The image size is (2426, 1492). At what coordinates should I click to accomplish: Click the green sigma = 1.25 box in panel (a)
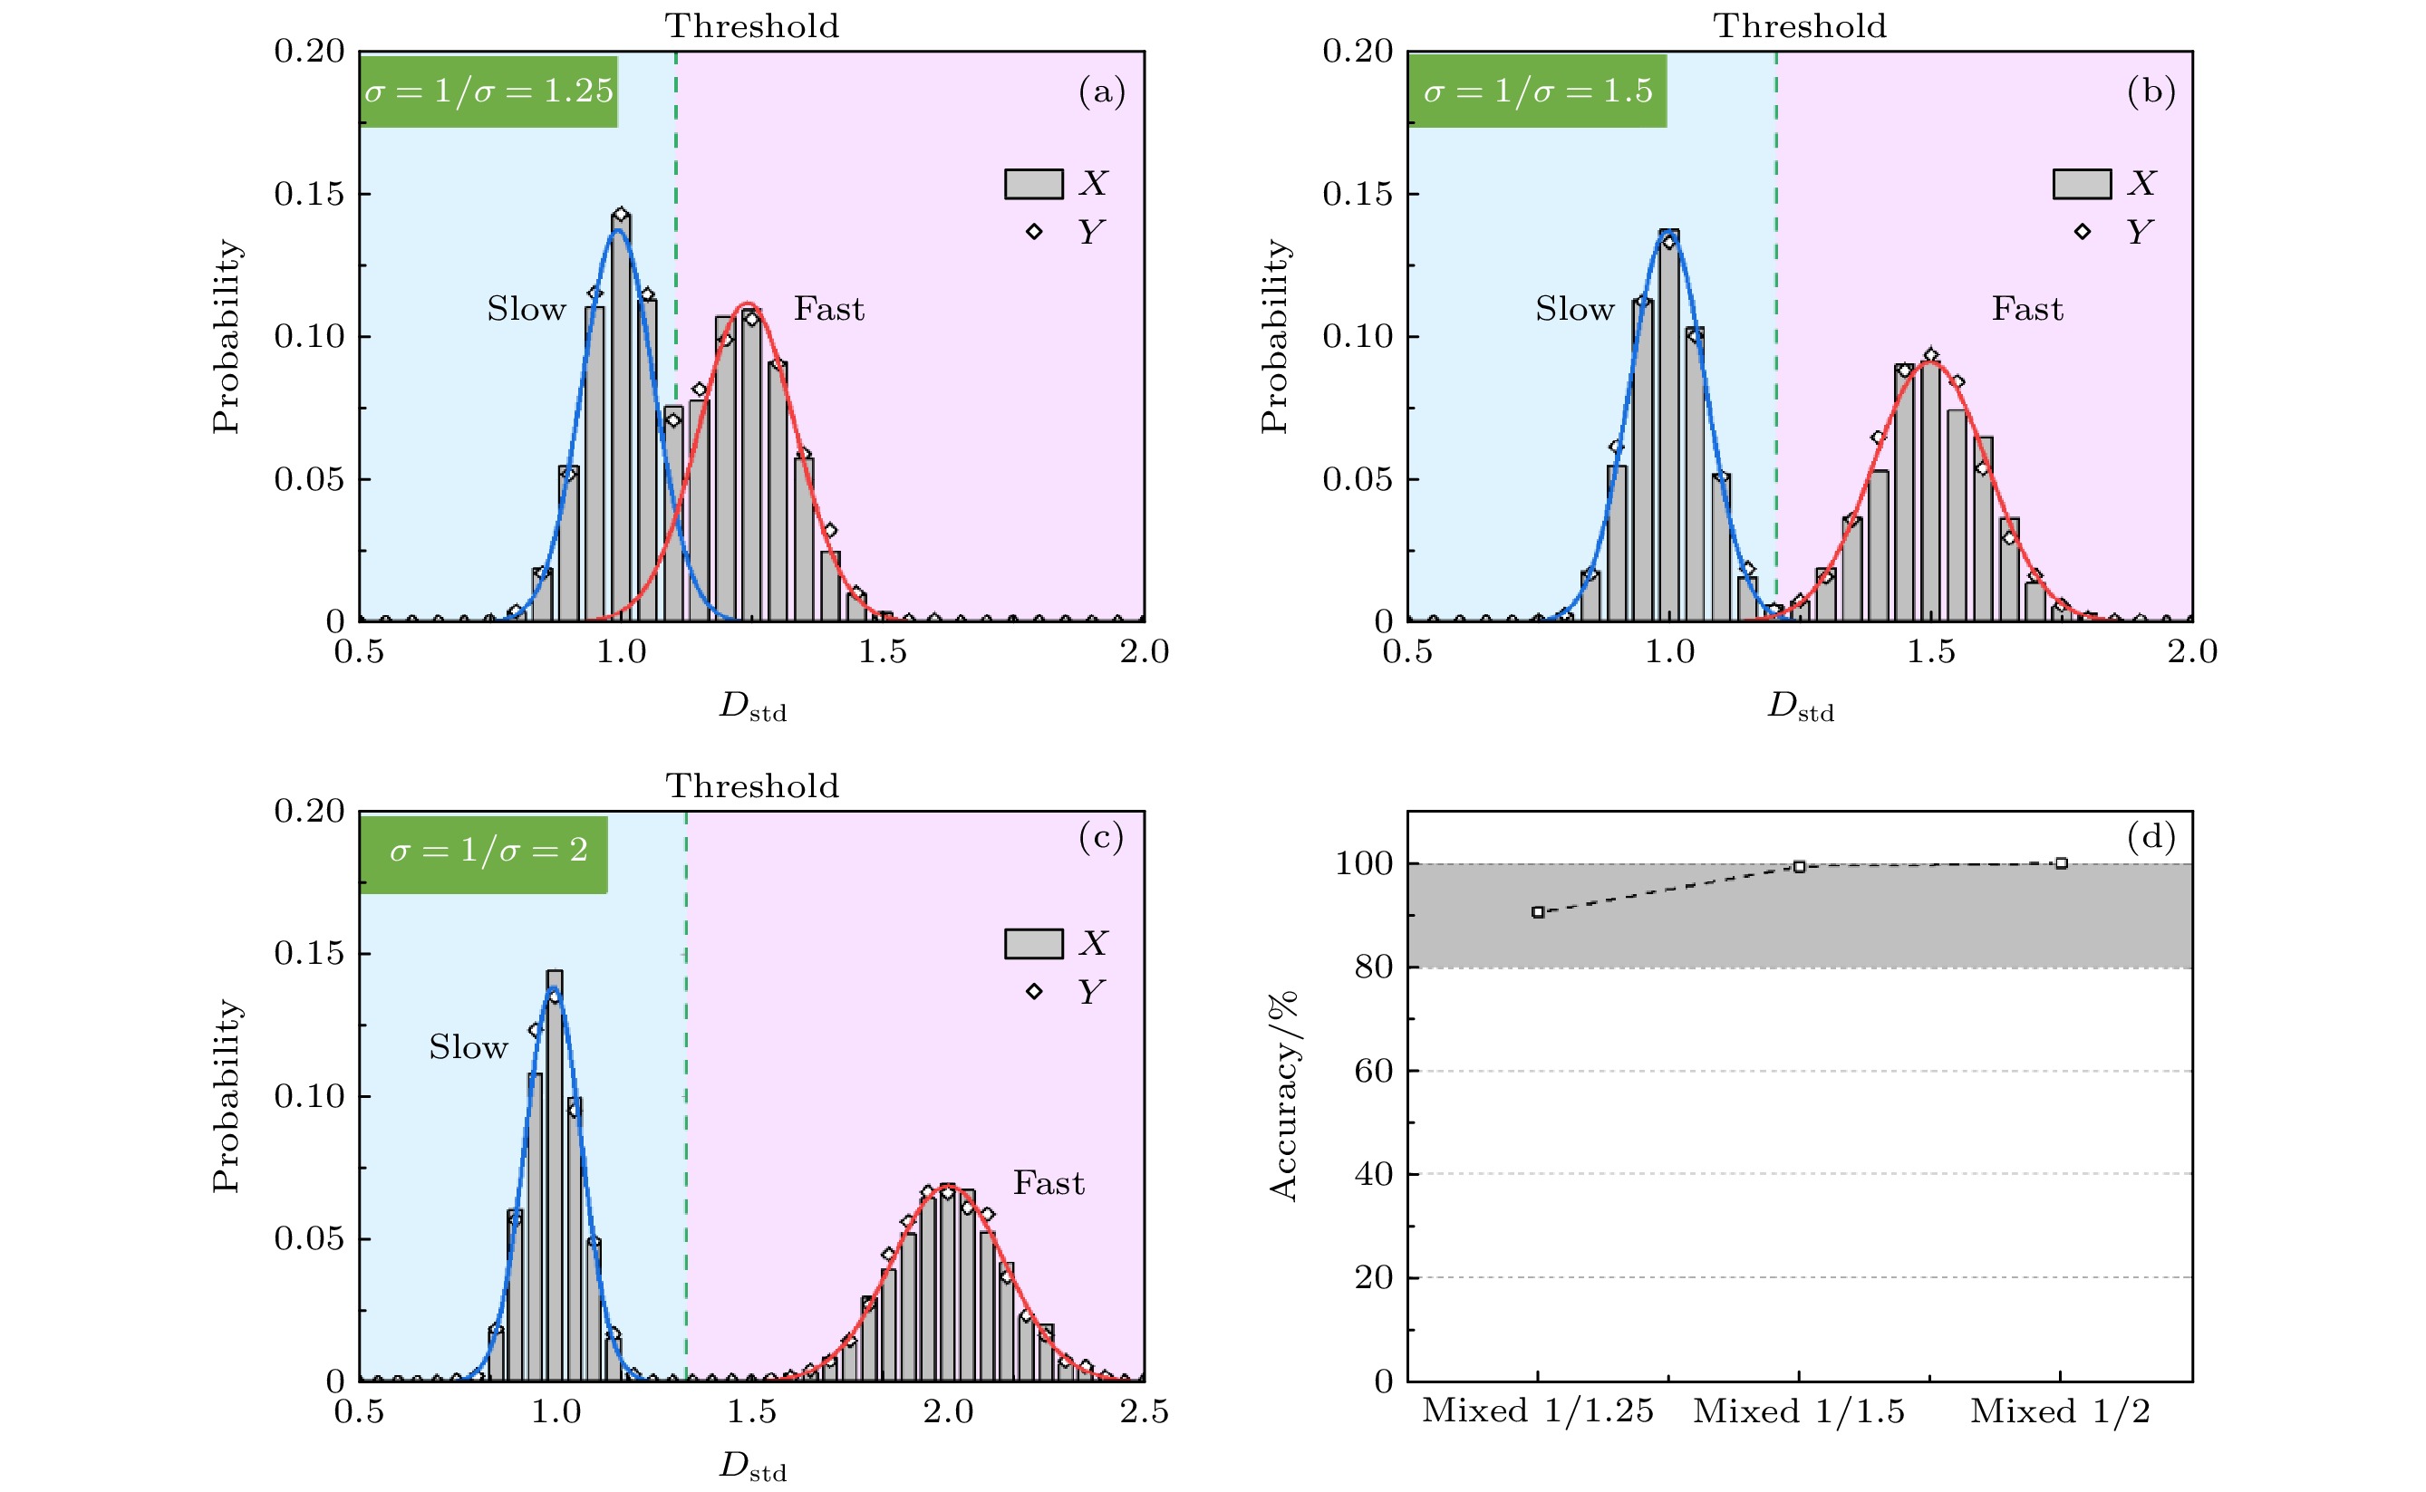tap(488, 91)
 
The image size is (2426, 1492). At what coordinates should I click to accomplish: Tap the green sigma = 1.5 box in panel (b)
tap(1537, 91)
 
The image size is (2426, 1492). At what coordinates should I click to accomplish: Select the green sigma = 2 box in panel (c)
tap(484, 852)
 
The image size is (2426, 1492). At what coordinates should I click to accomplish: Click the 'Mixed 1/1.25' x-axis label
tap(1537, 1412)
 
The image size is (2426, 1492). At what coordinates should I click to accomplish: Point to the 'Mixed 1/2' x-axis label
tap(2060, 1412)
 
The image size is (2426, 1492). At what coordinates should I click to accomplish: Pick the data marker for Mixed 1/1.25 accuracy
tap(1538, 911)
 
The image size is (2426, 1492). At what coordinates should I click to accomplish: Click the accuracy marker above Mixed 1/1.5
tap(1799, 866)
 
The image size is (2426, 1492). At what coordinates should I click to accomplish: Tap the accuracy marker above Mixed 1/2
tap(2061, 863)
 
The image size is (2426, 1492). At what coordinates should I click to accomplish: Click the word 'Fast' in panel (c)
tap(1049, 1183)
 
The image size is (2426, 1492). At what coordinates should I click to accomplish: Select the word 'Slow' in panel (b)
tap(1574, 309)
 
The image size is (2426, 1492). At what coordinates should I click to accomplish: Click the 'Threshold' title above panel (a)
tap(752, 25)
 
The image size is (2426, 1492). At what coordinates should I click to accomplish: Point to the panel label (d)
tap(2151, 838)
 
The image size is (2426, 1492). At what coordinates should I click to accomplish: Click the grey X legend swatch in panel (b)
tap(2082, 184)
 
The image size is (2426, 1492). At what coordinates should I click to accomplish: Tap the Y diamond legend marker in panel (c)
tap(1033, 991)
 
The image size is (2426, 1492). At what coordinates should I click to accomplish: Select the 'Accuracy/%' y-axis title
tap(1283, 1095)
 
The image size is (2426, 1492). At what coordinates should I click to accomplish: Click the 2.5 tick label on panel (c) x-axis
tap(1144, 1412)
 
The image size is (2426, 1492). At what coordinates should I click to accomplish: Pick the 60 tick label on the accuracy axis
tap(1373, 1071)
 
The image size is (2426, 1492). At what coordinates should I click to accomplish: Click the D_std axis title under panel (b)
tap(1801, 707)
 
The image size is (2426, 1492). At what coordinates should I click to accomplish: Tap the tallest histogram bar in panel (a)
tap(621, 415)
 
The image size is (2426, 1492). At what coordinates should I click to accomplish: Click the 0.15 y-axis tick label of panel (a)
tap(309, 195)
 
